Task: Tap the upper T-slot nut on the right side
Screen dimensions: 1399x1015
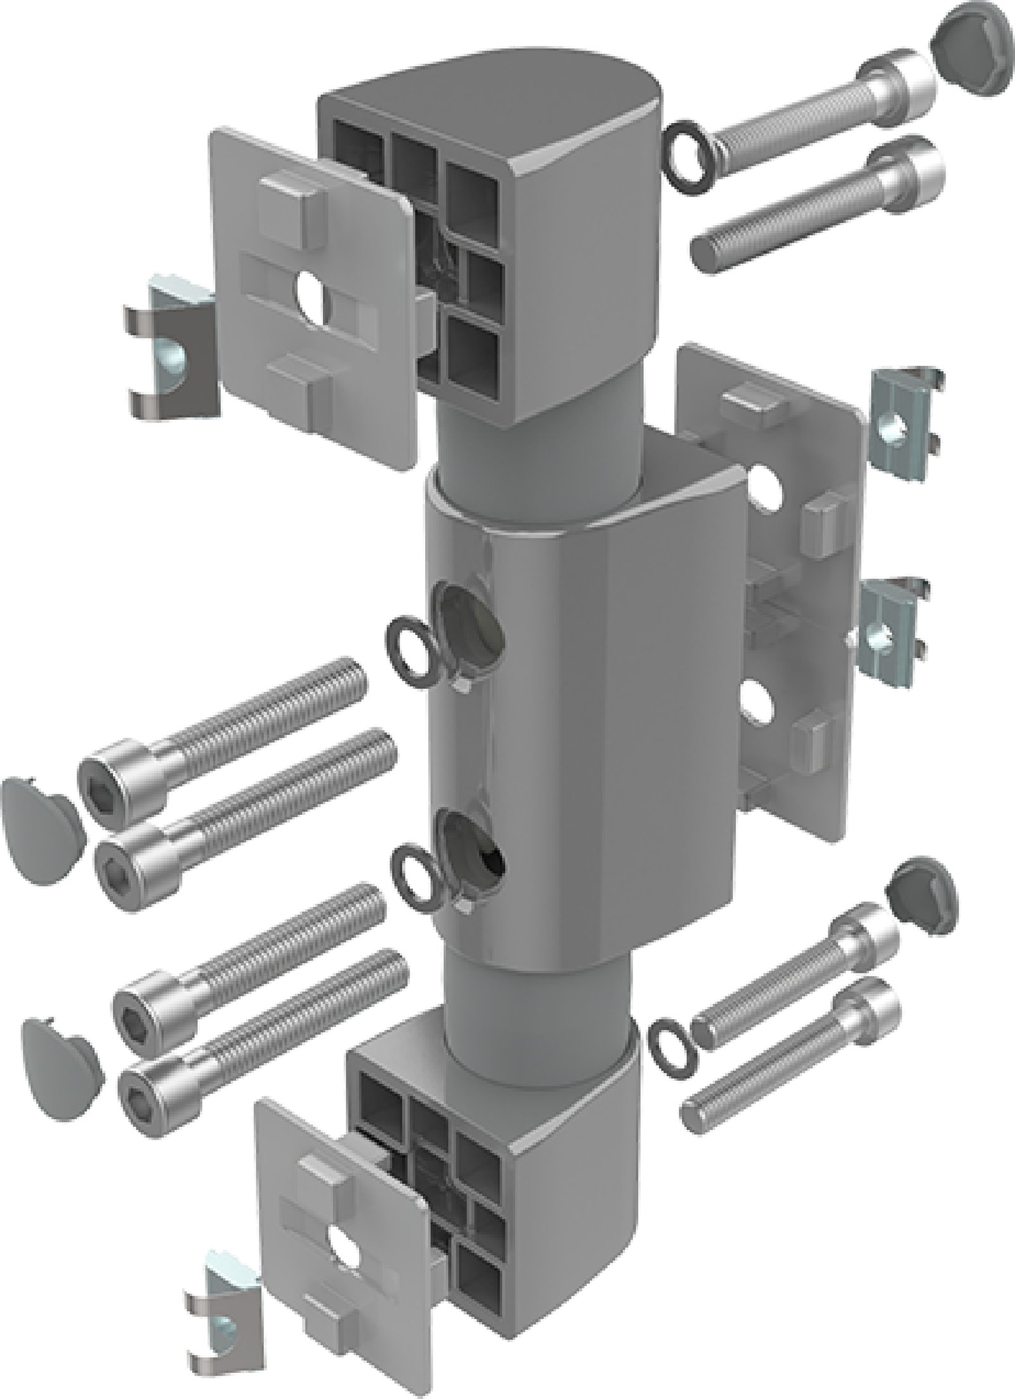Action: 901,418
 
